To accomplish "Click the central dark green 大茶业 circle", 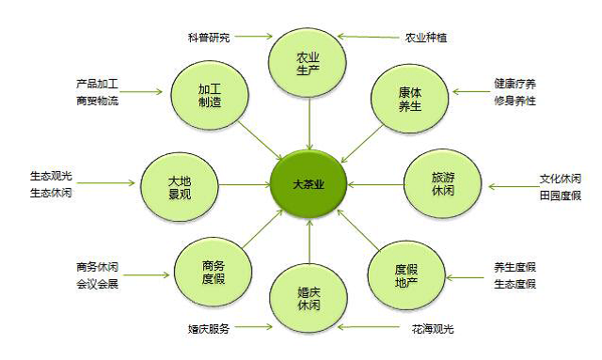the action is click(309, 184).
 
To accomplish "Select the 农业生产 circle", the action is click(308, 63).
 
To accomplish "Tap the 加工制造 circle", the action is click(210, 96).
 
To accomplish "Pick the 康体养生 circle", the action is click(410, 99).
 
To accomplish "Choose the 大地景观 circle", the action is click(180, 187).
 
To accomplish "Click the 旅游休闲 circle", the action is click(443, 183).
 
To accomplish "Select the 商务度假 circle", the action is click(214, 272).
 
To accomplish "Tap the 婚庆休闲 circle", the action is click(309, 299).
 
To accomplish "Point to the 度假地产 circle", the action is click(406, 275).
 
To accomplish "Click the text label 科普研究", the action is click(209, 38).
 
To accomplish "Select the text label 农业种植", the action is click(426, 38).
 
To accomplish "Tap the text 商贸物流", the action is click(97, 101).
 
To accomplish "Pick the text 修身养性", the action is click(515, 101).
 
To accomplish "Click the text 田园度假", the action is click(561, 196).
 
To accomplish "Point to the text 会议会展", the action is click(97, 284).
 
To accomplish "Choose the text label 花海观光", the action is click(433, 329).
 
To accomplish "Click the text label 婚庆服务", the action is click(209, 329).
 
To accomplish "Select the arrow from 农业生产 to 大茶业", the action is click(309, 123).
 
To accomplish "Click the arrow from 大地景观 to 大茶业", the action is click(245, 185).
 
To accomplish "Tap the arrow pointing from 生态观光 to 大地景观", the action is click(106, 183).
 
